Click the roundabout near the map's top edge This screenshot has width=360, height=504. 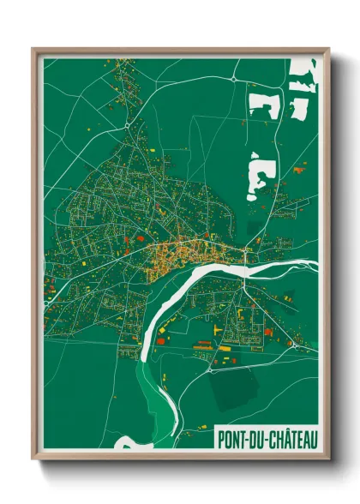pyautogui.click(x=233, y=77)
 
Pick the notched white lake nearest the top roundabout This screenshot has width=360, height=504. pyautogui.click(x=263, y=104)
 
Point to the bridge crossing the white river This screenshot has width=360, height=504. pyautogui.click(x=247, y=256)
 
